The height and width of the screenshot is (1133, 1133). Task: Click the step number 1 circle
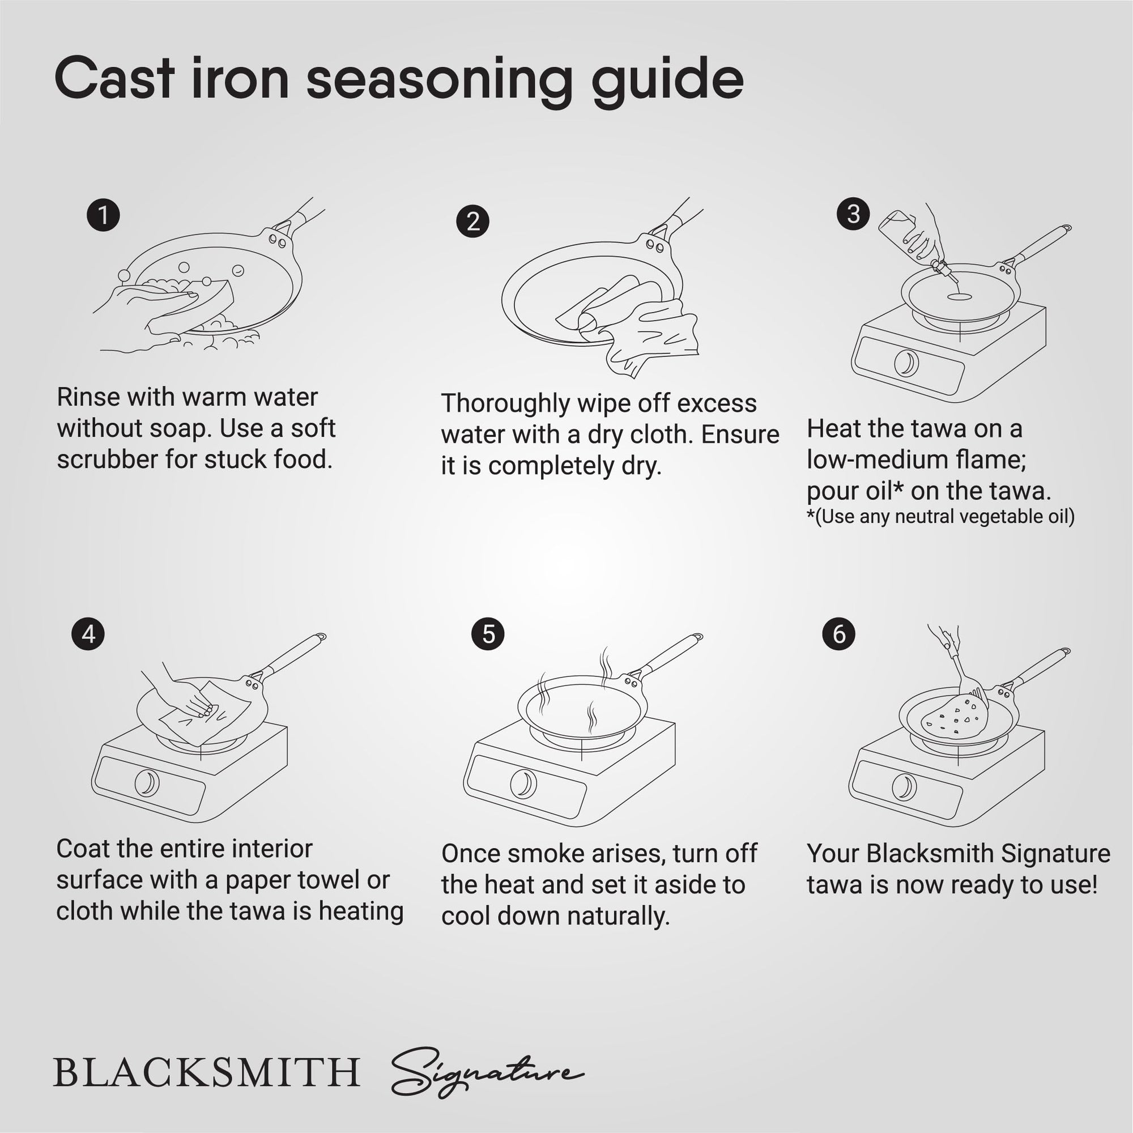click(103, 215)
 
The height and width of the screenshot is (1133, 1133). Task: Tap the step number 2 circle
click(472, 222)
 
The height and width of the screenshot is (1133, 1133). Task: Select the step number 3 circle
click(853, 214)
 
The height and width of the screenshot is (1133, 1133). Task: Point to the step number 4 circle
click(88, 634)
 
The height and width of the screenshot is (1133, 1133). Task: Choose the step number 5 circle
click(488, 634)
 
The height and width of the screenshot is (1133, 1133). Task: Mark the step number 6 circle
click(838, 634)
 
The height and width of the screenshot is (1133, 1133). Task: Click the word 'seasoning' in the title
click(438, 80)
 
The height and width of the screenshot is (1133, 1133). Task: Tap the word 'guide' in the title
click(667, 80)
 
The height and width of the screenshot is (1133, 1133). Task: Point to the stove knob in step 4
click(147, 783)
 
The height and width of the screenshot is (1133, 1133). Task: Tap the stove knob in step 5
click(522, 783)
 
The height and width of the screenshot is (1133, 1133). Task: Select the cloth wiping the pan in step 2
click(651, 329)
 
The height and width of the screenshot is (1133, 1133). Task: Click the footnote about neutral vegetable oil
click(940, 517)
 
